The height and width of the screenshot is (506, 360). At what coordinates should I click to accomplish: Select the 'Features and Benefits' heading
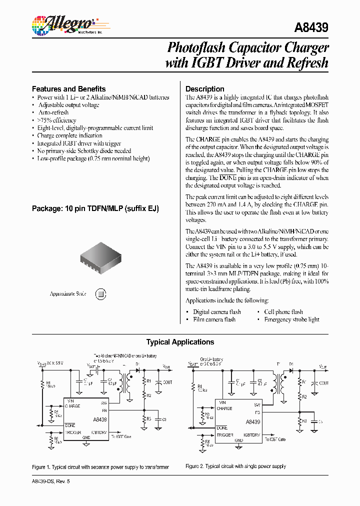click(x=68, y=88)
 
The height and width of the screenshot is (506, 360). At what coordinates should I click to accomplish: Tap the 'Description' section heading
click(x=204, y=88)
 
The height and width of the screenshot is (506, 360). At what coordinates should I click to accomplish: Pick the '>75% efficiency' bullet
click(x=56, y=120)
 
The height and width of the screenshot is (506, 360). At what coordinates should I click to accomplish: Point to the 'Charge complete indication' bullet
click(x=69, y=135)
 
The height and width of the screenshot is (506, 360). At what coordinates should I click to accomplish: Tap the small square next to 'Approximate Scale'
click(x=100, y=294)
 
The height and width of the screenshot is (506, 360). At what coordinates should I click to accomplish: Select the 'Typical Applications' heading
click(x=180, y=342)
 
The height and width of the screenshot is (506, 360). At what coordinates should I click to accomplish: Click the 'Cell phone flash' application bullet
click(x=283, y=311)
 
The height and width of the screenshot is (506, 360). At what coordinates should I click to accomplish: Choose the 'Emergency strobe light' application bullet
click(x=291, y=319)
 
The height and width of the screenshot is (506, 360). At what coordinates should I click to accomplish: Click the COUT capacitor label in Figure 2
click(x=323, y=383)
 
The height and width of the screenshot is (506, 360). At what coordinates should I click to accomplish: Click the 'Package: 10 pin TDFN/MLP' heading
click(x=95, y=208)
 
